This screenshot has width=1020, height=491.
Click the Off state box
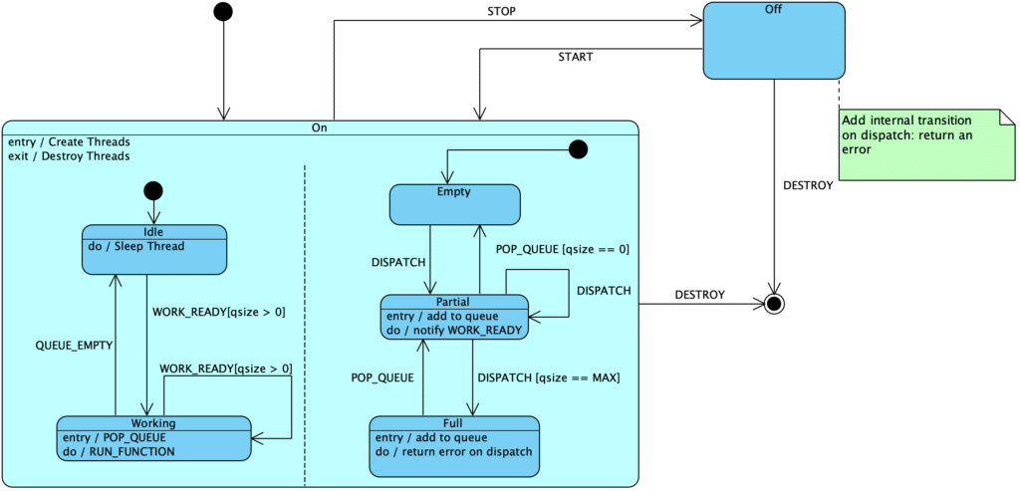(x=773, y=41)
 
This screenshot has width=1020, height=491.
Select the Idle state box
(x=153, y=249)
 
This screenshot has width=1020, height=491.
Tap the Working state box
(x=153, y=438)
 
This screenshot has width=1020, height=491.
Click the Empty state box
(x=454, y=204)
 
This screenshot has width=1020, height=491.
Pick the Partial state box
(x=453, y=317)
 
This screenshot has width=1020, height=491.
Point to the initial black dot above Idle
(x=153, y=190)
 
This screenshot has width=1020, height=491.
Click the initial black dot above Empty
(x=577, y=149)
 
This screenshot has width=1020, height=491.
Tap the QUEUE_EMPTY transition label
(x=74, y=345)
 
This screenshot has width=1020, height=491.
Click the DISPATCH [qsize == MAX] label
(x=549, y=377)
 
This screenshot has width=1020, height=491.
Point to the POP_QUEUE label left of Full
(x=382, y=377)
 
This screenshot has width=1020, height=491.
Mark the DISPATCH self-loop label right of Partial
(x=604, y=291)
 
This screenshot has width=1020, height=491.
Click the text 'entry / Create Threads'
(x=69, y=141)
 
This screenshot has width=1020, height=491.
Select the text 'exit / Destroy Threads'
(x=69, y=156)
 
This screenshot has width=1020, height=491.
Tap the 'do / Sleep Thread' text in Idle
(x=135, y=246)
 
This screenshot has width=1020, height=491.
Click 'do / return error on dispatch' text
(x=453, y=451)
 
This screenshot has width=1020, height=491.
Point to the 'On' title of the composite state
(x=319, y=127)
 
